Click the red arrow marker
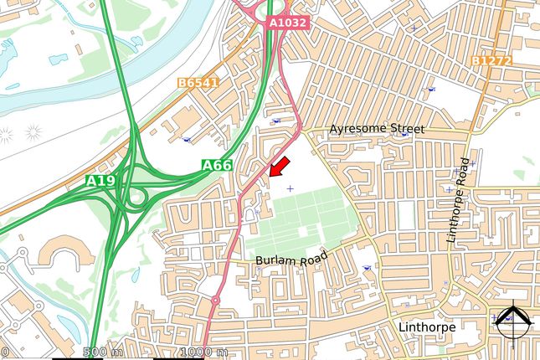point(280,166)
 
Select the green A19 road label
point(100,180)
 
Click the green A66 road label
point(216,166)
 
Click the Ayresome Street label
point(377,129)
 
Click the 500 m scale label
point(103,352)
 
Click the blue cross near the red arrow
point(291,188)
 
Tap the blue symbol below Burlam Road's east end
point(368,268)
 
